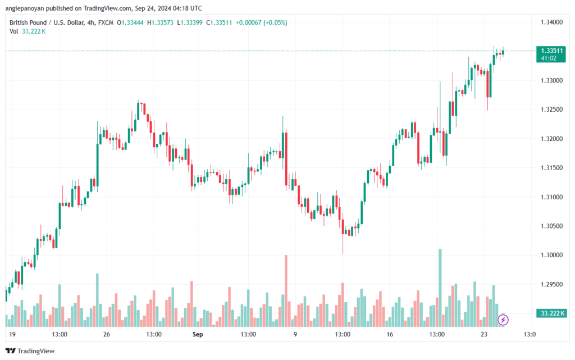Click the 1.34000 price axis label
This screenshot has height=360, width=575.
coord(551,22)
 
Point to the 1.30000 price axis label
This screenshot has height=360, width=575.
coord(551,255)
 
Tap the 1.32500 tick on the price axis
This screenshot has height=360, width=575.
coord(551,110)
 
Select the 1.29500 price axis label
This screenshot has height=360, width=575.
coord(551,285)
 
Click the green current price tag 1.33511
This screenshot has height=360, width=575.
coord(551,54)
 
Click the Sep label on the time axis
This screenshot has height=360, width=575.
coord(198,334)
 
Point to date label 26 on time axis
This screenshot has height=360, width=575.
coord(106,334)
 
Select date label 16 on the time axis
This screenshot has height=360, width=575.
coord(390,334)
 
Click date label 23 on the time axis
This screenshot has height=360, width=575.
coord(484,334)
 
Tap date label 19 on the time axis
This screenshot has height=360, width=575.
coord(12,334)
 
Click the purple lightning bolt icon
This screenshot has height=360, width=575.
coord(503,320)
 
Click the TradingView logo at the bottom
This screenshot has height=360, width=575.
coord(30,351)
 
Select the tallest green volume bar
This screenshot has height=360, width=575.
coord(440,288)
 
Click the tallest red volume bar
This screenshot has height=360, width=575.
coord(286,291)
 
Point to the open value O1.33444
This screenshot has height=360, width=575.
coord(130,22)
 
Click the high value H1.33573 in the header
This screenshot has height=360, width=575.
coord(160,22)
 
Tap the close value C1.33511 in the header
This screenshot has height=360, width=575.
coord(219,22)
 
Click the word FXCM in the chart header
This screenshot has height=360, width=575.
coord(106,22)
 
